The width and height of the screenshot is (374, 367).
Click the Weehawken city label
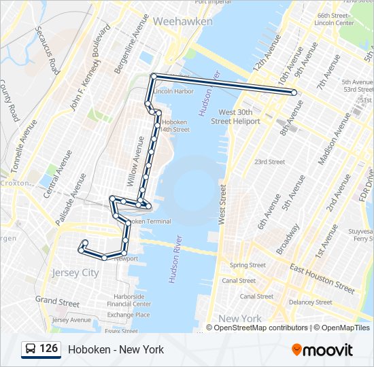(182, 22)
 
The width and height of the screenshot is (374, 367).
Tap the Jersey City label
(75, 273)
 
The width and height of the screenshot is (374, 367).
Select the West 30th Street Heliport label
(235, 116)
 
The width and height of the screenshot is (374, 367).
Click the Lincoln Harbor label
(173, 91)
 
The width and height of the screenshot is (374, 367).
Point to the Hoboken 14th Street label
(171, 125)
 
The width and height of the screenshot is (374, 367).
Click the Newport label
(126, 259)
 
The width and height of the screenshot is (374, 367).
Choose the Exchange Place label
(129, 315)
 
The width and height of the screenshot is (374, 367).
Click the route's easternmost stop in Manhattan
(294, 92)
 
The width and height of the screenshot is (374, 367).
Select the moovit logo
(322, 350)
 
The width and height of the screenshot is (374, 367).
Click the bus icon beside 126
(30, 349)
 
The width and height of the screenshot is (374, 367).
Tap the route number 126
(48, 349)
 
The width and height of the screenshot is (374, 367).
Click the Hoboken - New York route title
(116, 350)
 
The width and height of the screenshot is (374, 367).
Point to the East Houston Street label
(322, 278)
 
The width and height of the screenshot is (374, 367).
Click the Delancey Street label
(310, 302)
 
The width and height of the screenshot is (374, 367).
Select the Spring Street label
(248, 265)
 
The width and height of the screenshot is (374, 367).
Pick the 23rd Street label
(269, 162)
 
